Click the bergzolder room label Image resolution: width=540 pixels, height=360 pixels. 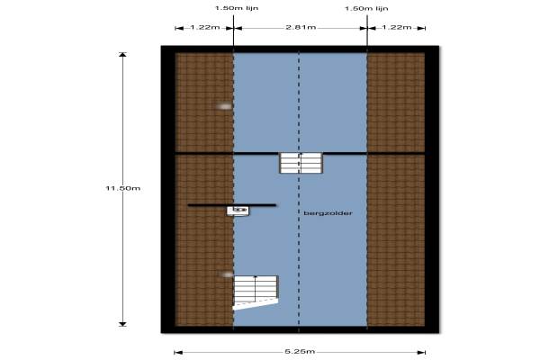click(328, 213)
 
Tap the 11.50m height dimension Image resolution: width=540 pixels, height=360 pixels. click(123, 188)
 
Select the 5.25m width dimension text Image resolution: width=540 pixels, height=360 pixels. click(300, 351)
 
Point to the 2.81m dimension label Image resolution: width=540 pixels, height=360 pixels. click(301, 27)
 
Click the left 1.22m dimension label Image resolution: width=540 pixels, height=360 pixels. click(205, 27)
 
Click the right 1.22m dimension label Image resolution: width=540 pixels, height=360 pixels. click(397, 27)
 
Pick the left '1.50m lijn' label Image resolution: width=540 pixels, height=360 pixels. click(237, 8)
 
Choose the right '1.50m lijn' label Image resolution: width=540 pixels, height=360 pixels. click(366, 8)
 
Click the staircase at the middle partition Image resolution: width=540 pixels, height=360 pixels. click(301, 163)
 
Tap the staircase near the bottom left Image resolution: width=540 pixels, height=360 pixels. click(256, 292)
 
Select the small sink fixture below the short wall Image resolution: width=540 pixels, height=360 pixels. click(238, 211)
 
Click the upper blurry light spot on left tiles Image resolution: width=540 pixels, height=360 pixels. click(224, 106)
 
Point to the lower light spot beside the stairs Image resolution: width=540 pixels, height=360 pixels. click(227, 274)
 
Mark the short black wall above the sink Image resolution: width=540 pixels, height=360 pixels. click(232, 205)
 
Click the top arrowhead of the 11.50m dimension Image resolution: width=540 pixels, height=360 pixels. click(123, 54)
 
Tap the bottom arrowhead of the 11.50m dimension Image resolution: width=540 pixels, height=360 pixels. click(123, 324)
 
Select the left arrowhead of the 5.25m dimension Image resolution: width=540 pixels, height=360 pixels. click(177, 352)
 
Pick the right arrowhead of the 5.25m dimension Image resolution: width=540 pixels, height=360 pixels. click(423, 352)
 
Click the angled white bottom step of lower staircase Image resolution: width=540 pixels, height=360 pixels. click(256, 304)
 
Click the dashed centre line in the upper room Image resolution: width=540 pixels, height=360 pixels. click(299, 103)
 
